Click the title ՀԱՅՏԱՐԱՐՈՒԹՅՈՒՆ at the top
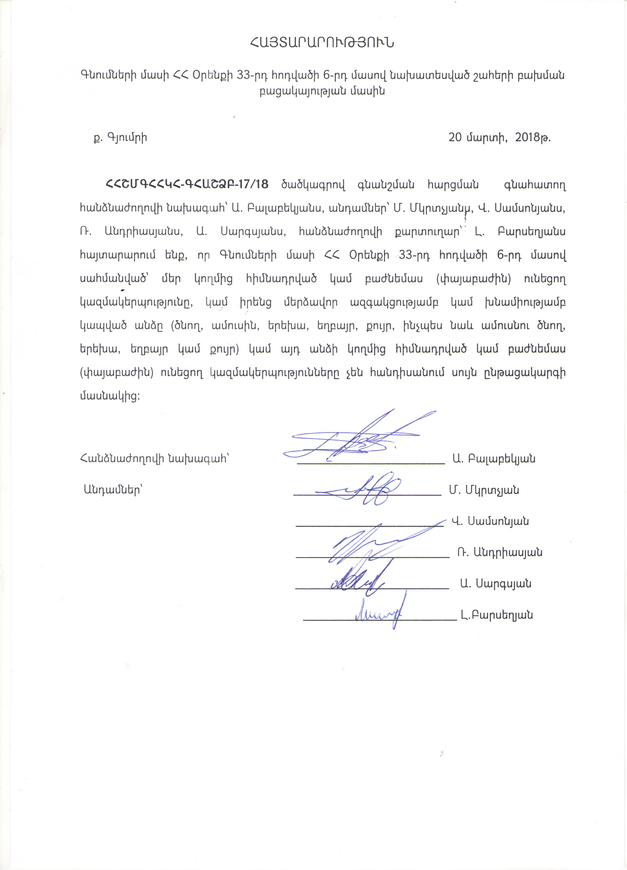click(x=322, y=43)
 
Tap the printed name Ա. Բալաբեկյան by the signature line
click(x=494, y=458)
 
